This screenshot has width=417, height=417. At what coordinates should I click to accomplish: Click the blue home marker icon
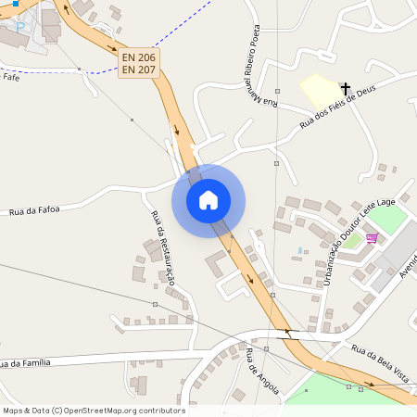[208, 199]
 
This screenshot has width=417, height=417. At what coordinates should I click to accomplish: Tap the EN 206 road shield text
[139, 57]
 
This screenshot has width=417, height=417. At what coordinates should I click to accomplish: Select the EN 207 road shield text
[139, 70]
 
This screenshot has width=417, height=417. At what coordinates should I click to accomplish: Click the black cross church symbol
[346, 89]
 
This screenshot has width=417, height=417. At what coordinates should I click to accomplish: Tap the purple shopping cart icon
[372, 238]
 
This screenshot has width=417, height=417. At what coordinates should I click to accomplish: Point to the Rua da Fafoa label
[34, 211]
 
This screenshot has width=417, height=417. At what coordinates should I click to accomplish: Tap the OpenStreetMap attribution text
[93, 411]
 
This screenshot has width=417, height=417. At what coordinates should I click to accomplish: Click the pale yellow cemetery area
[321, 91]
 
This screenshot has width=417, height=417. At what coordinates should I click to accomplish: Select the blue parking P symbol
[20, 27]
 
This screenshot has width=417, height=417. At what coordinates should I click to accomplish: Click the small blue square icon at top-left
[15, 5]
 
